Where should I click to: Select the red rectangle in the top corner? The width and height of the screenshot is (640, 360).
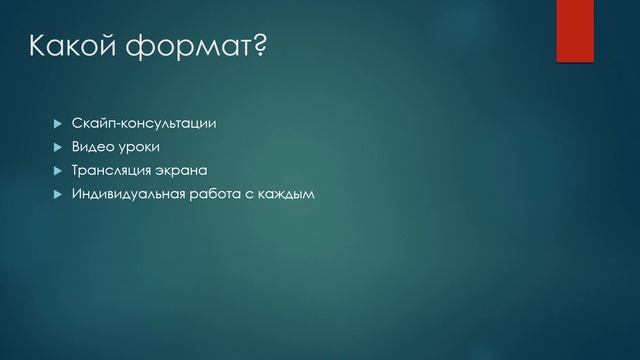(x=575, y=30)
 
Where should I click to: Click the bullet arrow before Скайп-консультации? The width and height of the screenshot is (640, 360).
(x=56, y=124)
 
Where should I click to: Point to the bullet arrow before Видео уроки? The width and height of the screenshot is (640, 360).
(x=56, y=147)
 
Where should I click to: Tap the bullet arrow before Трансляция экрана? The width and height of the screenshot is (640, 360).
(x=56, y=170)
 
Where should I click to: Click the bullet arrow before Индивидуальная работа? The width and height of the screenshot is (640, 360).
(x=56, y=193)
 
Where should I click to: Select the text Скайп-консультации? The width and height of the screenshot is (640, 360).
(x=144, y=124)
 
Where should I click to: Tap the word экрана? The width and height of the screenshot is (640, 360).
(x=184, y=170)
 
